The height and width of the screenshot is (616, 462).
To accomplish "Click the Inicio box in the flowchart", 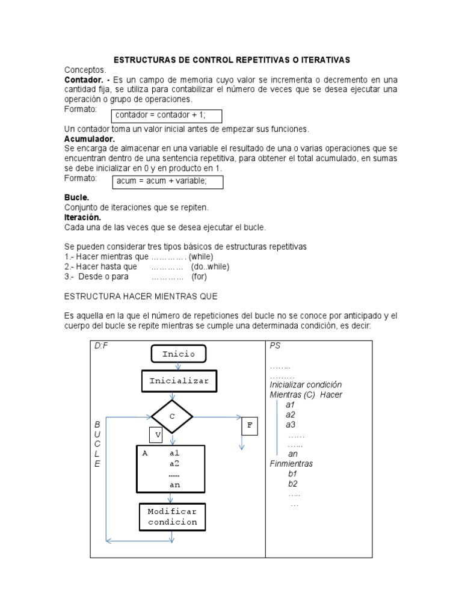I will (x=178, y=354).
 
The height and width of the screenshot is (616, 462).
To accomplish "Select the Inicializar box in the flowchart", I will (x=179, y=381).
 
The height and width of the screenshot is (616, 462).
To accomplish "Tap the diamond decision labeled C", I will (x=172, y=416).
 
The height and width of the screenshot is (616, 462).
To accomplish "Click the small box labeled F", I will (x=249, y=426).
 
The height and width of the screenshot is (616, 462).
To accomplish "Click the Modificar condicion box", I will (x=172, y=517).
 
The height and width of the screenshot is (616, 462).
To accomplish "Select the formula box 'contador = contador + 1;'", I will (x=167, y=115).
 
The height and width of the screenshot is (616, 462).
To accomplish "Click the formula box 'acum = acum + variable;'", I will (x=167, y=182).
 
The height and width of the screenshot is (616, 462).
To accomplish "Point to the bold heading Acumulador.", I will (x=89, y=138).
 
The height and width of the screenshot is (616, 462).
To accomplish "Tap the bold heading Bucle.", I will (x=76, y=197).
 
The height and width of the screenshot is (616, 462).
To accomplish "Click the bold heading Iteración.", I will (x=82, y=217).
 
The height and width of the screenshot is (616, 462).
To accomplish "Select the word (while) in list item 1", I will (x=201, y=256).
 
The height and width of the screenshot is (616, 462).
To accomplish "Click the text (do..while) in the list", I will (x=210, y=266).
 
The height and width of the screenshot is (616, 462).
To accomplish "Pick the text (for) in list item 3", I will (x=199, y=277).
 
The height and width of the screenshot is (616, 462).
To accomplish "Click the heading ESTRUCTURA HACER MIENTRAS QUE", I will (x=140, y=297).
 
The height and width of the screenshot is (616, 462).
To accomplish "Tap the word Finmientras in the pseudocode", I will (x=291, y=464).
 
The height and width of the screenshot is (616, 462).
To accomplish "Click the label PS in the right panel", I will (x=275, y=346).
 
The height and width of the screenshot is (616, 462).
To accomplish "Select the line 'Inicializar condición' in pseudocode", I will (x=306, y=384).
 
